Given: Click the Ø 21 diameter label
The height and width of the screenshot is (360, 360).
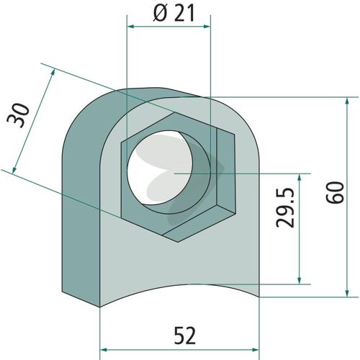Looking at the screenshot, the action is tap(174, 12).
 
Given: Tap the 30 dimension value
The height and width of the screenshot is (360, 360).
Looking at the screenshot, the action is tap(18, 115).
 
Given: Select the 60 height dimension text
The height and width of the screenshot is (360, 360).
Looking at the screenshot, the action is tap(335, 193).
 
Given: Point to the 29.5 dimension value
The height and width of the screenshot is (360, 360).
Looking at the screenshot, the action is tap(285, 207).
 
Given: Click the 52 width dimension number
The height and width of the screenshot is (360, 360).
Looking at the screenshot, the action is tap(185, 335).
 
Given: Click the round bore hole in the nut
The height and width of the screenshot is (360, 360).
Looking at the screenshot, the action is tap(160, 168).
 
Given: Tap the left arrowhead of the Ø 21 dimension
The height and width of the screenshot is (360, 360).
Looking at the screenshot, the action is tap(130, 26).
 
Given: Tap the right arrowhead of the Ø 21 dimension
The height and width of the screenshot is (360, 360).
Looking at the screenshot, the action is tap(207, 26).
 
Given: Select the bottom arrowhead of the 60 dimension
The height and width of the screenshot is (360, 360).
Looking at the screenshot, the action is tap(347, 293).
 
